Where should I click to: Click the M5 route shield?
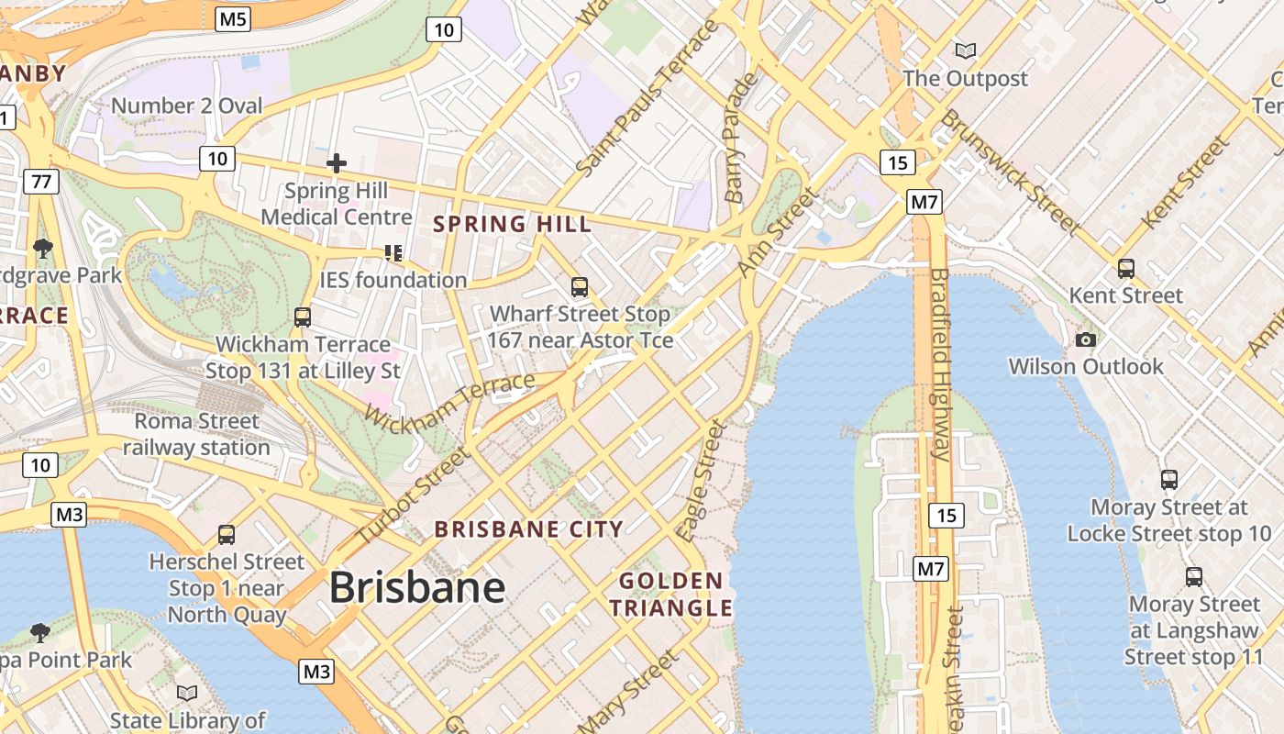pos(234,18)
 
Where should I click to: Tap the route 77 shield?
pos(41,182)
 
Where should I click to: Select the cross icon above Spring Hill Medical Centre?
pos(337,164)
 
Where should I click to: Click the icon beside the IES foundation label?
pos(393,252)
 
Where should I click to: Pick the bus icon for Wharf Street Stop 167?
pos(580,287)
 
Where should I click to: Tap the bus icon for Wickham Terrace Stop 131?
pos(303,317)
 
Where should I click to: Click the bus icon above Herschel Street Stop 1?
pos(227,535)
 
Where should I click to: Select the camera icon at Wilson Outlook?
pos(1086,340)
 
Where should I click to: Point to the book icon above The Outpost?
pos(965,50)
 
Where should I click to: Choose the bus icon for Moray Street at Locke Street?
pos(1169,480)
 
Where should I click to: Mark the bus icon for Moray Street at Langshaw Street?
pos(1194,577)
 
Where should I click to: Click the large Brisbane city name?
pos(417,587)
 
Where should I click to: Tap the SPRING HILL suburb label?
pos(512,224)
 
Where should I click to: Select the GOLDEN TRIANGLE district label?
pos(671,594)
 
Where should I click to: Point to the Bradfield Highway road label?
pos(940,364)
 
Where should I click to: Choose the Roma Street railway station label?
pos(196,434)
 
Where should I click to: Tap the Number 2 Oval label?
pos(186,106)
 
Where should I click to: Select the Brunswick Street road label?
pos(1009,171)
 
